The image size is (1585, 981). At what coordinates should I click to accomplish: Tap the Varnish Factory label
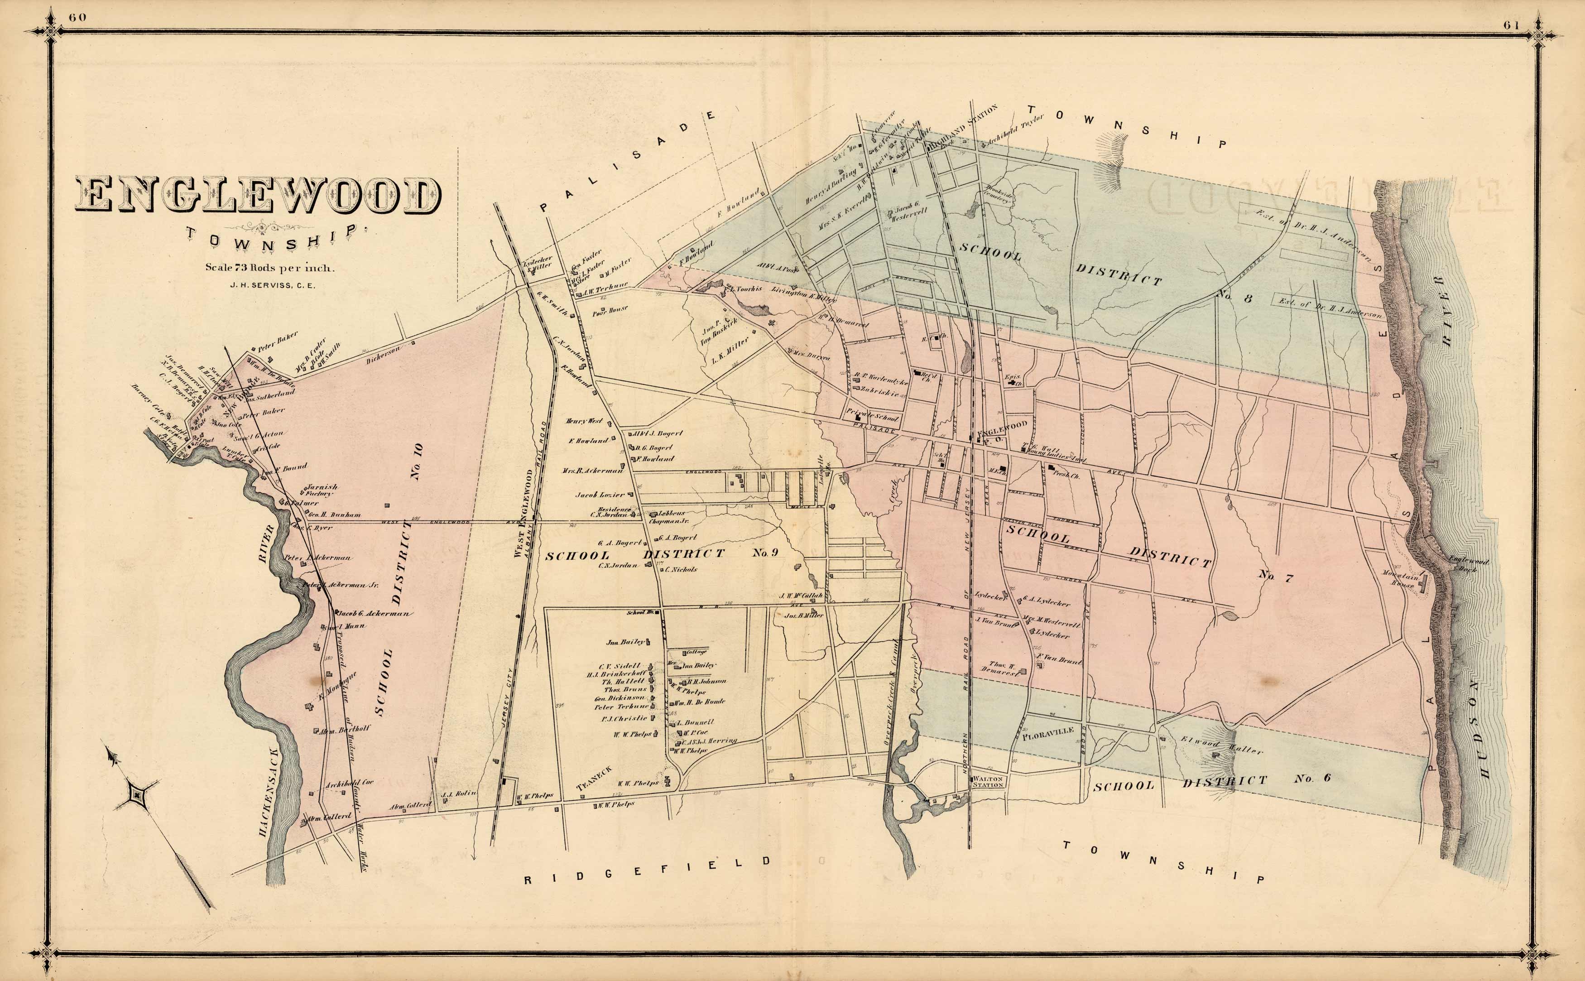point(322,490)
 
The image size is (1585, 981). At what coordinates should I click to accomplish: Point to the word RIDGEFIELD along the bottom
point(648,879)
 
